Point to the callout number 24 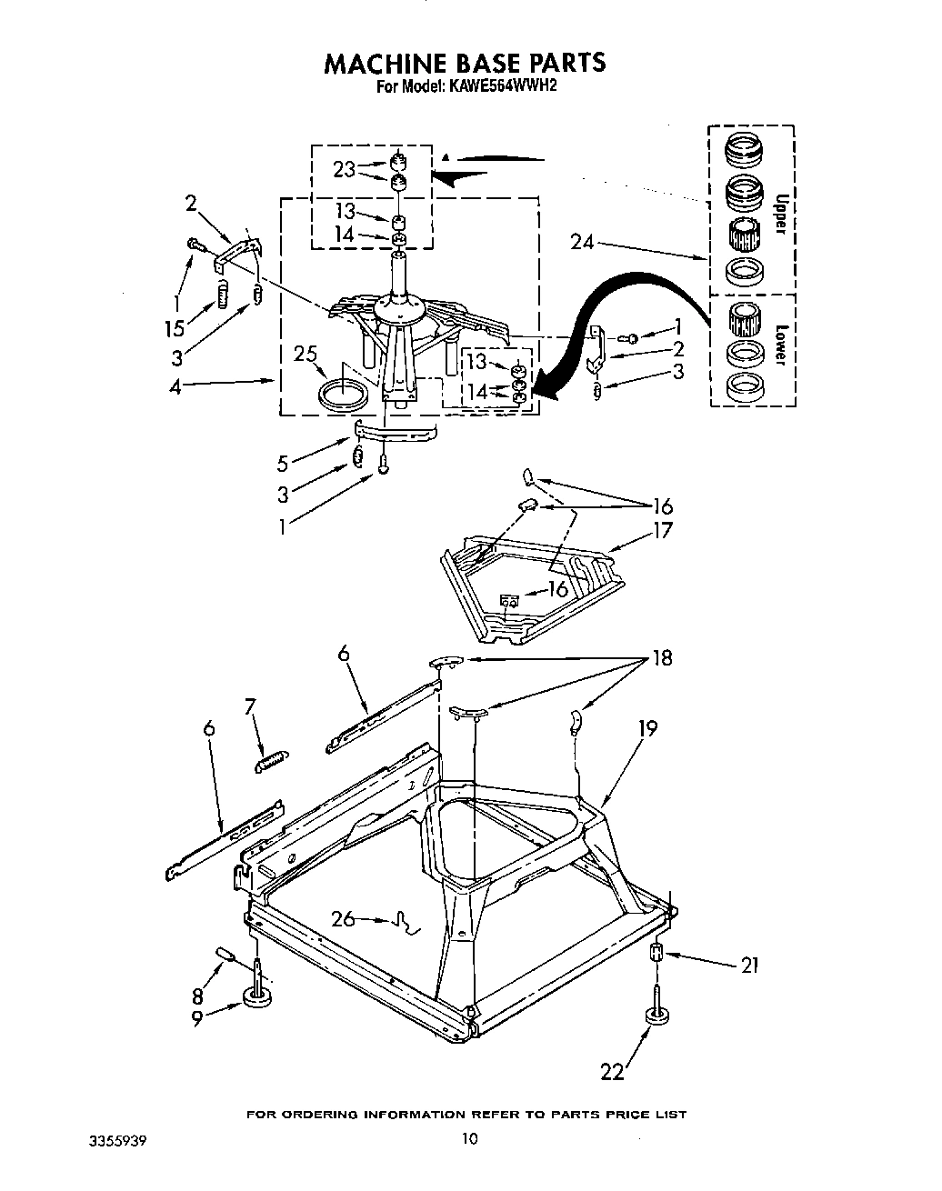[583, 242]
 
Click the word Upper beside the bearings [779, 214]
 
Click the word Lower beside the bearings [779, 345]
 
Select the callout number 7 [252, 705]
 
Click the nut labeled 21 [656, 953]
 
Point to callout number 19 [646, 728]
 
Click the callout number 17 [663, 529]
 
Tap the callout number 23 [344, 169]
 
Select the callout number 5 [283, 463]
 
